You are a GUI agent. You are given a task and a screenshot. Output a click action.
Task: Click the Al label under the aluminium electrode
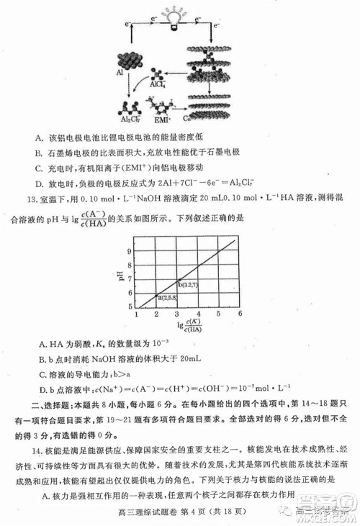click(120, 73)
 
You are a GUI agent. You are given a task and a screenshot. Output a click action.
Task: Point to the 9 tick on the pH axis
click(130, 252)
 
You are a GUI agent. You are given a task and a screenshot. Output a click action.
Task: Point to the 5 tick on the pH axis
click(130, 307)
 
